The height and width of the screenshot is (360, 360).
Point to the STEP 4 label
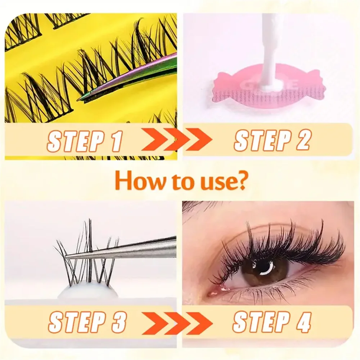272,321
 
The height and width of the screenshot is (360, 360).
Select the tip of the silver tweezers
68,256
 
